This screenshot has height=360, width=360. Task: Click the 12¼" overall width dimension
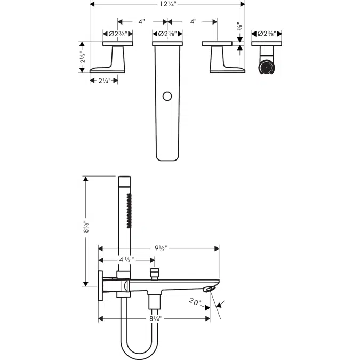tap(167, 4)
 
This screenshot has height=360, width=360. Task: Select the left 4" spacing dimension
tap(141, 22)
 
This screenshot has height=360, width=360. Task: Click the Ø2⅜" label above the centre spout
tap(167, 34)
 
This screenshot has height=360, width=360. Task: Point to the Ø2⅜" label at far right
tap(267, 34)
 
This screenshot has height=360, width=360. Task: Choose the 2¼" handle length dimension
tap(103, 81)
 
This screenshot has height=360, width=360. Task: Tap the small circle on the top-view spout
tap(167, 97)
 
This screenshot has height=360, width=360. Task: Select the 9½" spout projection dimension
tap(158, 248)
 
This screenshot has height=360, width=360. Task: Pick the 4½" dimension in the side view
tap(125, 260)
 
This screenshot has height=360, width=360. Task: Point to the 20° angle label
tap(196, 302)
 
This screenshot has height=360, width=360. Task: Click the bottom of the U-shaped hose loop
tap(138, 354)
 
